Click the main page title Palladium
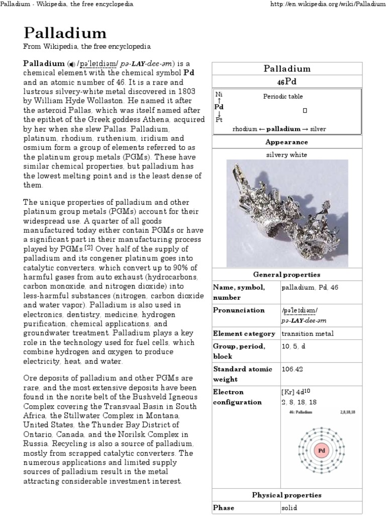[65, 33]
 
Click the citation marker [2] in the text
[88, 247]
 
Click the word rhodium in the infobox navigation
[244, 129]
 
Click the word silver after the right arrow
[318, 129]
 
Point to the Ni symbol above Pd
[219, 95]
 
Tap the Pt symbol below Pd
[219, 119]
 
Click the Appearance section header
[287, 142]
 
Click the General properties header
[287, 275]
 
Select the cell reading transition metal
[308, 333]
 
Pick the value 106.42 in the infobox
[292, 369]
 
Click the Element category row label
[244, 333]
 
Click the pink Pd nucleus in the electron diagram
[321, 450]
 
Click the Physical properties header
[287, 495]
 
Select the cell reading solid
[289, 508]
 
